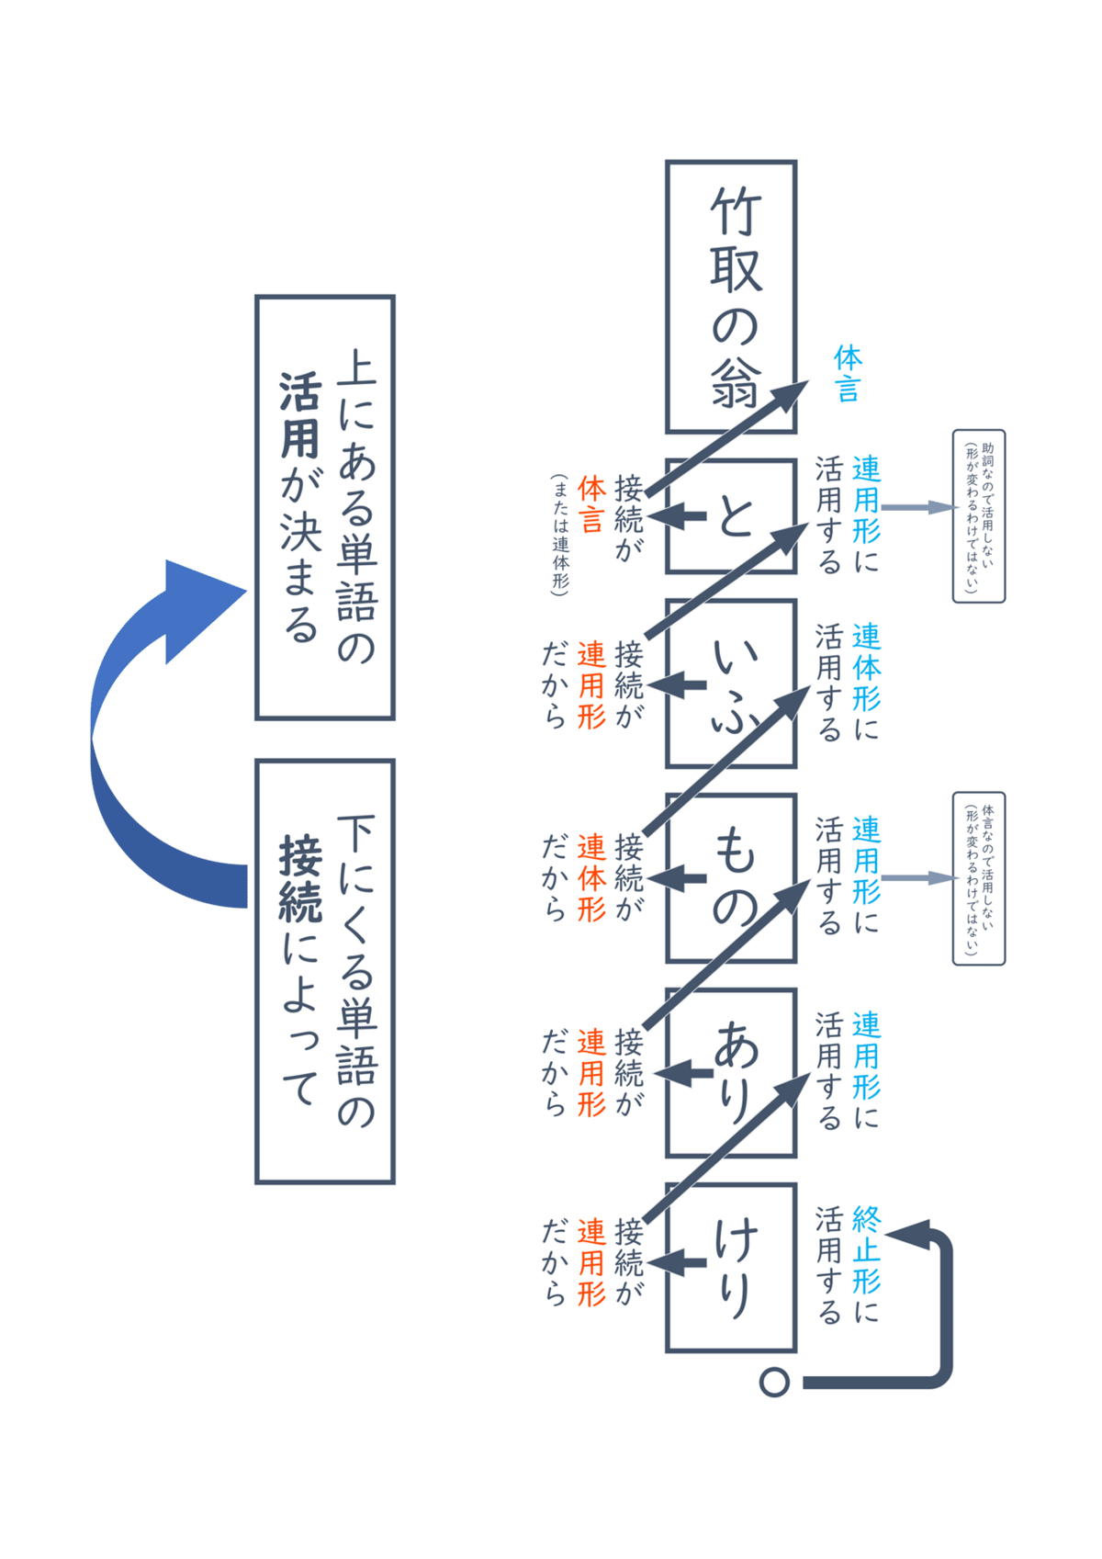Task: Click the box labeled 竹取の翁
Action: tap(731, 296)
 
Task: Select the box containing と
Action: tap(731, 516)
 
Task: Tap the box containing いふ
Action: tap(731, 683)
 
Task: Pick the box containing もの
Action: tap(731, 877)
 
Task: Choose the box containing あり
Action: tap(731, 1072)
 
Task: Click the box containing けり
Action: tap(731, 1268)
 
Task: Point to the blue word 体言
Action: tap(848, 374)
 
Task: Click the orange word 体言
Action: tap(591, 504)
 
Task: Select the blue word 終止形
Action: tap(866, 1249)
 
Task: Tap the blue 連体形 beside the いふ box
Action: tap(866, 667)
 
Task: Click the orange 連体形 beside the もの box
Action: tap(591, 877)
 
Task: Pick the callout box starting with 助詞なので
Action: tap(979, 516)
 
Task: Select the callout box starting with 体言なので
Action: tap(979, 878)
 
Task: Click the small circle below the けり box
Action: tap(774, 1382)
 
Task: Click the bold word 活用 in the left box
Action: tap(300, 415)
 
